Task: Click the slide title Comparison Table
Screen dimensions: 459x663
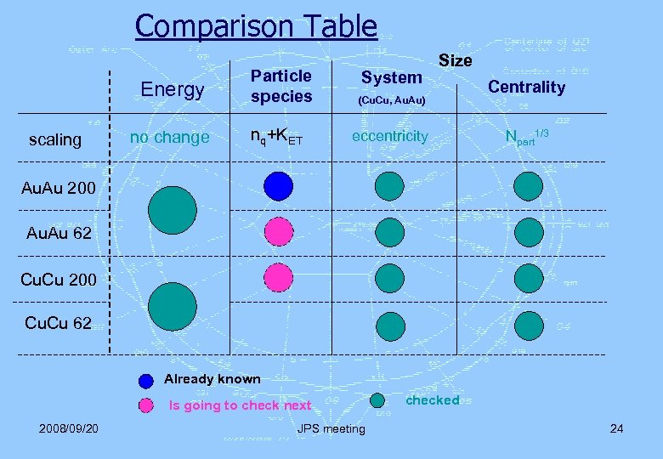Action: [x=256, y=25]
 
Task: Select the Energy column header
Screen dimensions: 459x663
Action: [x=173, y=89]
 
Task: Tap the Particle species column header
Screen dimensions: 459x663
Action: [x=281, y=86]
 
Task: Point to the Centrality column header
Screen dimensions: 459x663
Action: [x=526, y=87]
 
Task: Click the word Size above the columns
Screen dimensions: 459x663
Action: [x=455, y=60]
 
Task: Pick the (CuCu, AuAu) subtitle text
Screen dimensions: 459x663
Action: [x=391, y=100]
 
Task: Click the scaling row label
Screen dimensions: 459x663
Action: [x=55, y=139]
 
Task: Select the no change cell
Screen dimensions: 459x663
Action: [x=169, y=137]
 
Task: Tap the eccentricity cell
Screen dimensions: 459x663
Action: [x=391, y=136]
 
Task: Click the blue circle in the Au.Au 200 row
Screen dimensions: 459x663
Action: [x=278, y=186]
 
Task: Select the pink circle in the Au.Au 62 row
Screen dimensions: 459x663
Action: [x=278, y=231]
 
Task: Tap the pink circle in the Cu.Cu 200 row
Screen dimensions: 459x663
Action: [x=278, y=277]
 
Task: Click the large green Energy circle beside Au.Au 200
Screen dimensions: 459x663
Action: [x=172, y=210]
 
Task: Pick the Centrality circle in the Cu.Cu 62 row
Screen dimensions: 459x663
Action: [x=528, y=325]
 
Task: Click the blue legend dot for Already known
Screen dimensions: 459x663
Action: [x=146, y=380]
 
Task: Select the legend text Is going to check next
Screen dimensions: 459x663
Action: [x=241, y=405]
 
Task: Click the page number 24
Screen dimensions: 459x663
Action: [x=616, y=428]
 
